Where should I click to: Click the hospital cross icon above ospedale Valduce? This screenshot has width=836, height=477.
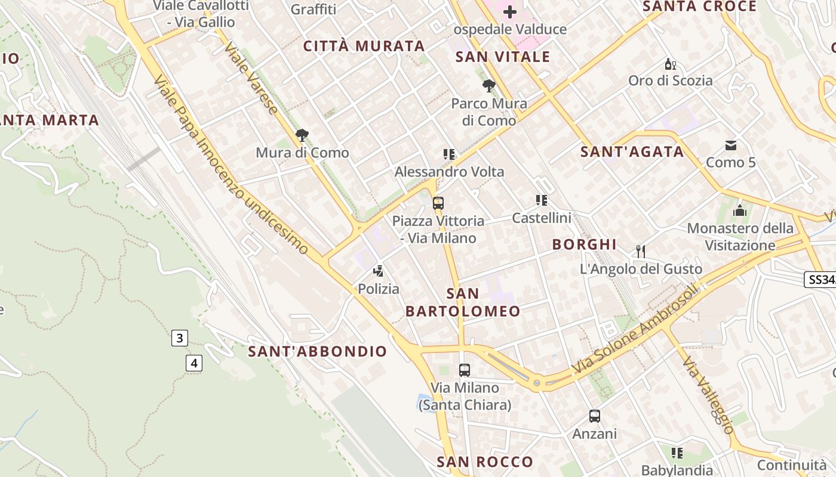pos(510,11)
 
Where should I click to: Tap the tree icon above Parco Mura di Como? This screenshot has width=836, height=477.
pos(489,86)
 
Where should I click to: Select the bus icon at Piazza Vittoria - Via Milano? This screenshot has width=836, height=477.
pos(438,203)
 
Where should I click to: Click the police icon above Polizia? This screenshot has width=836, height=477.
pos(378,271)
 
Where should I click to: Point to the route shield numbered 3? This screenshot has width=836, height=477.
pos(179,338)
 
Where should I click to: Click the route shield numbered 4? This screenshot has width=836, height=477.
pos(193,362)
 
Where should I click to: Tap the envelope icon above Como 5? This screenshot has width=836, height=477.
pos(731,145)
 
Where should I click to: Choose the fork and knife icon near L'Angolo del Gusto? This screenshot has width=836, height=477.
pos(641,251)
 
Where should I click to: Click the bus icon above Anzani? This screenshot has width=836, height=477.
pos(595,416)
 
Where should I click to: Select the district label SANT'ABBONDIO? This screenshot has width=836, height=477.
pos(318,351)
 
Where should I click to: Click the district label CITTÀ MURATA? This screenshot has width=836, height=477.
pos(364,46)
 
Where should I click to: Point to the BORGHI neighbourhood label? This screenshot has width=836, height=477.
pos(585,244)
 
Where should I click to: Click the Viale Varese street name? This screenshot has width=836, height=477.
pos(251,78)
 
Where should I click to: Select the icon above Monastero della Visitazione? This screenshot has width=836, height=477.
pos(740,210)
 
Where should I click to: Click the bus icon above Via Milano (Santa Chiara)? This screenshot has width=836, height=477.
pos(465,370)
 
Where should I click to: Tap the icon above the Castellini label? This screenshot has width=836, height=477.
pos(542,200)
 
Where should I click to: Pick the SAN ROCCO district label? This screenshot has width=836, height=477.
pos(485,461)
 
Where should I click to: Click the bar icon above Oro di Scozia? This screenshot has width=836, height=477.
pos(671,64)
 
